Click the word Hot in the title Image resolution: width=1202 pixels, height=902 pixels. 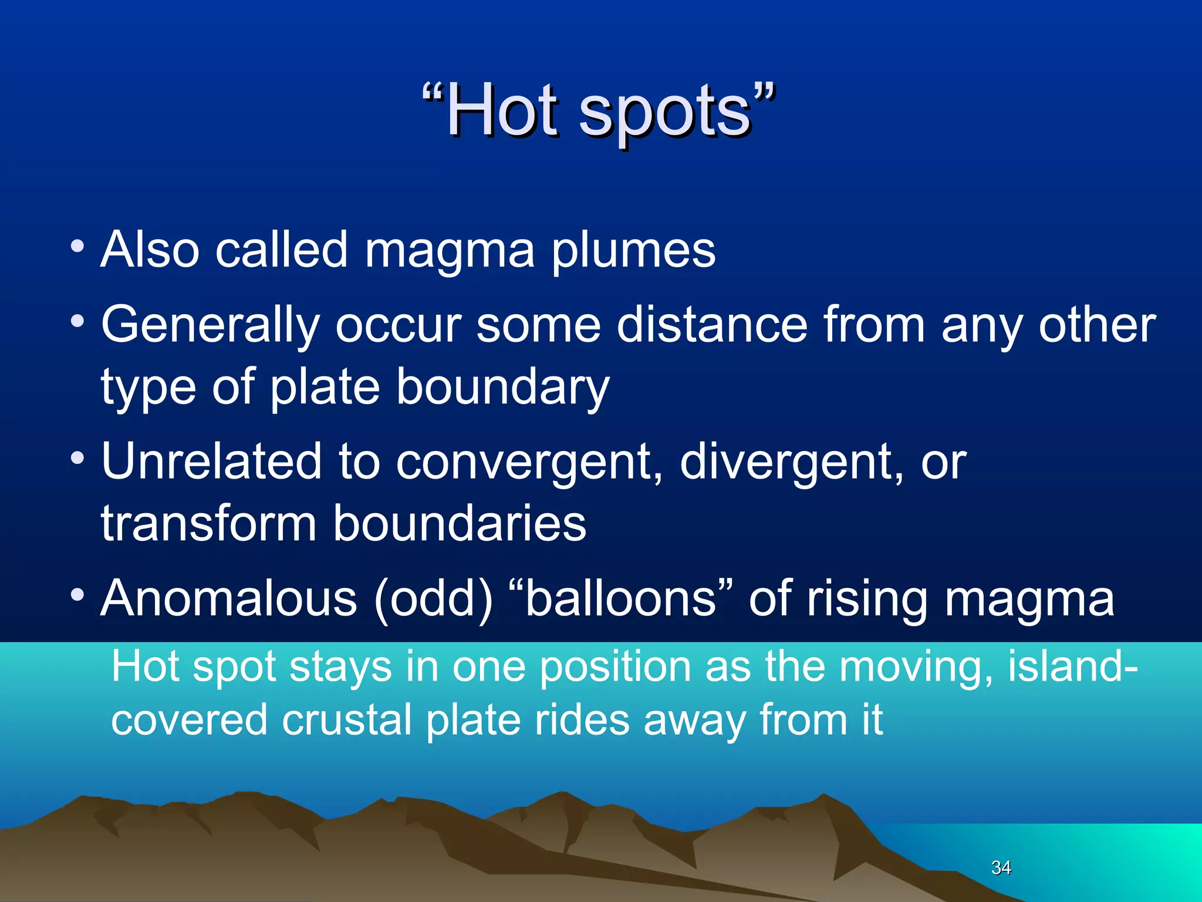click(x=502, y=110)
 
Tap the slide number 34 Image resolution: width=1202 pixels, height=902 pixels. click(x=1001, y=867)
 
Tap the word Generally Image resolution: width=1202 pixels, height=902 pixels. click(x=210, y=327)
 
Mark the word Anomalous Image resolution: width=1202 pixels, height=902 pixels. click(x=229, y=598)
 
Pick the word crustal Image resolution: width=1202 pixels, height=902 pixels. click(x=346, y=720)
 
